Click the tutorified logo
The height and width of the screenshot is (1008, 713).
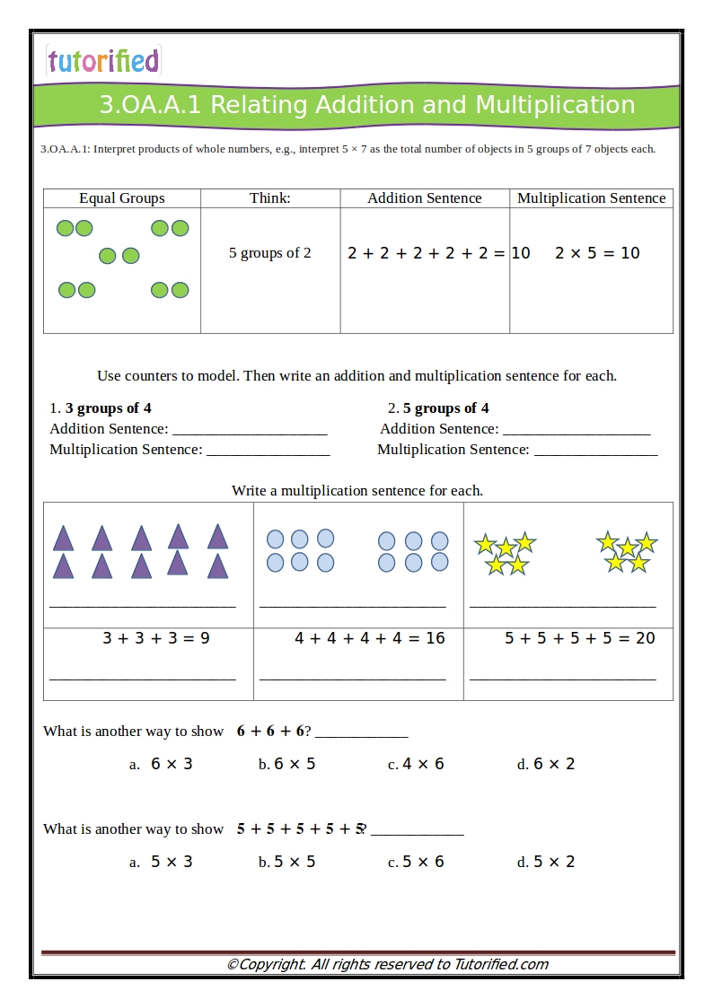(103, 60)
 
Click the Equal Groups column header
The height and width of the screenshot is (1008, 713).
(122, 198)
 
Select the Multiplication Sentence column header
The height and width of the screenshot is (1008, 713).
(591, 198)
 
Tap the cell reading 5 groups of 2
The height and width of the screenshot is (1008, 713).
(269, 253)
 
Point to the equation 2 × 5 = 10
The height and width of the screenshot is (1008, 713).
(597, 253)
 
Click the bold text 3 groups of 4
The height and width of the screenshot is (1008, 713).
(108, 408)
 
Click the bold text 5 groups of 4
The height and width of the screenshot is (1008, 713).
(446, 408)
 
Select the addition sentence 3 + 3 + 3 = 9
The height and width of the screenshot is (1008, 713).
(155, 638)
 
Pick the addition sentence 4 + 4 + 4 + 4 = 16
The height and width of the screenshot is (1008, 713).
(369, 638)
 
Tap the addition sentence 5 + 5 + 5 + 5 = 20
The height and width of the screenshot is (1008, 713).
(579, 638)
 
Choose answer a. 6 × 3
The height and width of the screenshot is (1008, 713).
(162, 764)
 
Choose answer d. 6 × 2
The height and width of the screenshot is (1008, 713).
(546, 764)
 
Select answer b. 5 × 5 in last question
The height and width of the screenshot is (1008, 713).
(287, 862)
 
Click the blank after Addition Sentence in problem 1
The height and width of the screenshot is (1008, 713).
(250, 431)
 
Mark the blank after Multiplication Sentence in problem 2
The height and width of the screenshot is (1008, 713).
(595, 451)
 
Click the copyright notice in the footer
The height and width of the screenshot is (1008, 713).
(387, 965)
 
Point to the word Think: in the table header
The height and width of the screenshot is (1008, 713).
(269, 198)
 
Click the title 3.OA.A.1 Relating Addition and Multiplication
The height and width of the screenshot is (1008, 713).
(366, 105)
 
